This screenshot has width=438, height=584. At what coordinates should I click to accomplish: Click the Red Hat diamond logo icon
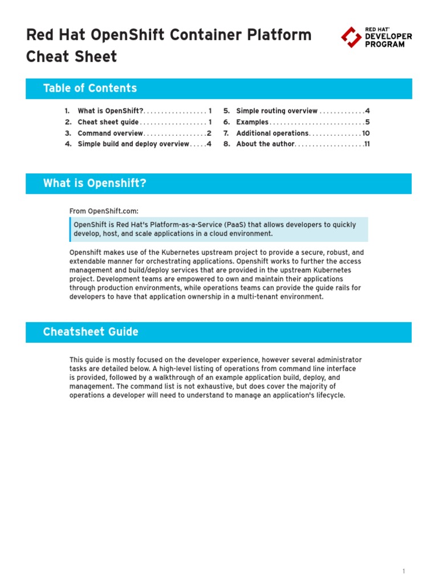350,37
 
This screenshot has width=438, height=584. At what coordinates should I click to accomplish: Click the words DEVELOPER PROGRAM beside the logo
388,40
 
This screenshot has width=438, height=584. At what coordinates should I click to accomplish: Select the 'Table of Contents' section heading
90,88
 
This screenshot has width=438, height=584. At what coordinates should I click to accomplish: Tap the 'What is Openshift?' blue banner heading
95,183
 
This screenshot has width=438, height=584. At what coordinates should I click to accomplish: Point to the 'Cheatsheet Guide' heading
90,332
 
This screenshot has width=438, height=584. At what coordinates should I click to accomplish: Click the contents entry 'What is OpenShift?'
111,111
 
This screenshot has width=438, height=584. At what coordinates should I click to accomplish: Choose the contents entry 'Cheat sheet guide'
108,122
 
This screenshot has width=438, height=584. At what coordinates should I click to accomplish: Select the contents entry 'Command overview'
110,133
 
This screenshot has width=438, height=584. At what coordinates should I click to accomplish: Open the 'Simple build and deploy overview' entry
133,144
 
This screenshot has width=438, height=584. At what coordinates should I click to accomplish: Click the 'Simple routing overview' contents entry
277,111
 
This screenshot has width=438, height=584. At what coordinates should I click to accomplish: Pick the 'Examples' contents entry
252,122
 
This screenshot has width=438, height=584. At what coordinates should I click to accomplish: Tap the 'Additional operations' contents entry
272,133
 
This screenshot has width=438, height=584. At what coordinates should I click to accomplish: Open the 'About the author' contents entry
265,144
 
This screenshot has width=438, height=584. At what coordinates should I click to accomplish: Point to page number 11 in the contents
367,144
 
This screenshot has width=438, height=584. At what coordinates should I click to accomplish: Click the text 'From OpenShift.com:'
104,211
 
